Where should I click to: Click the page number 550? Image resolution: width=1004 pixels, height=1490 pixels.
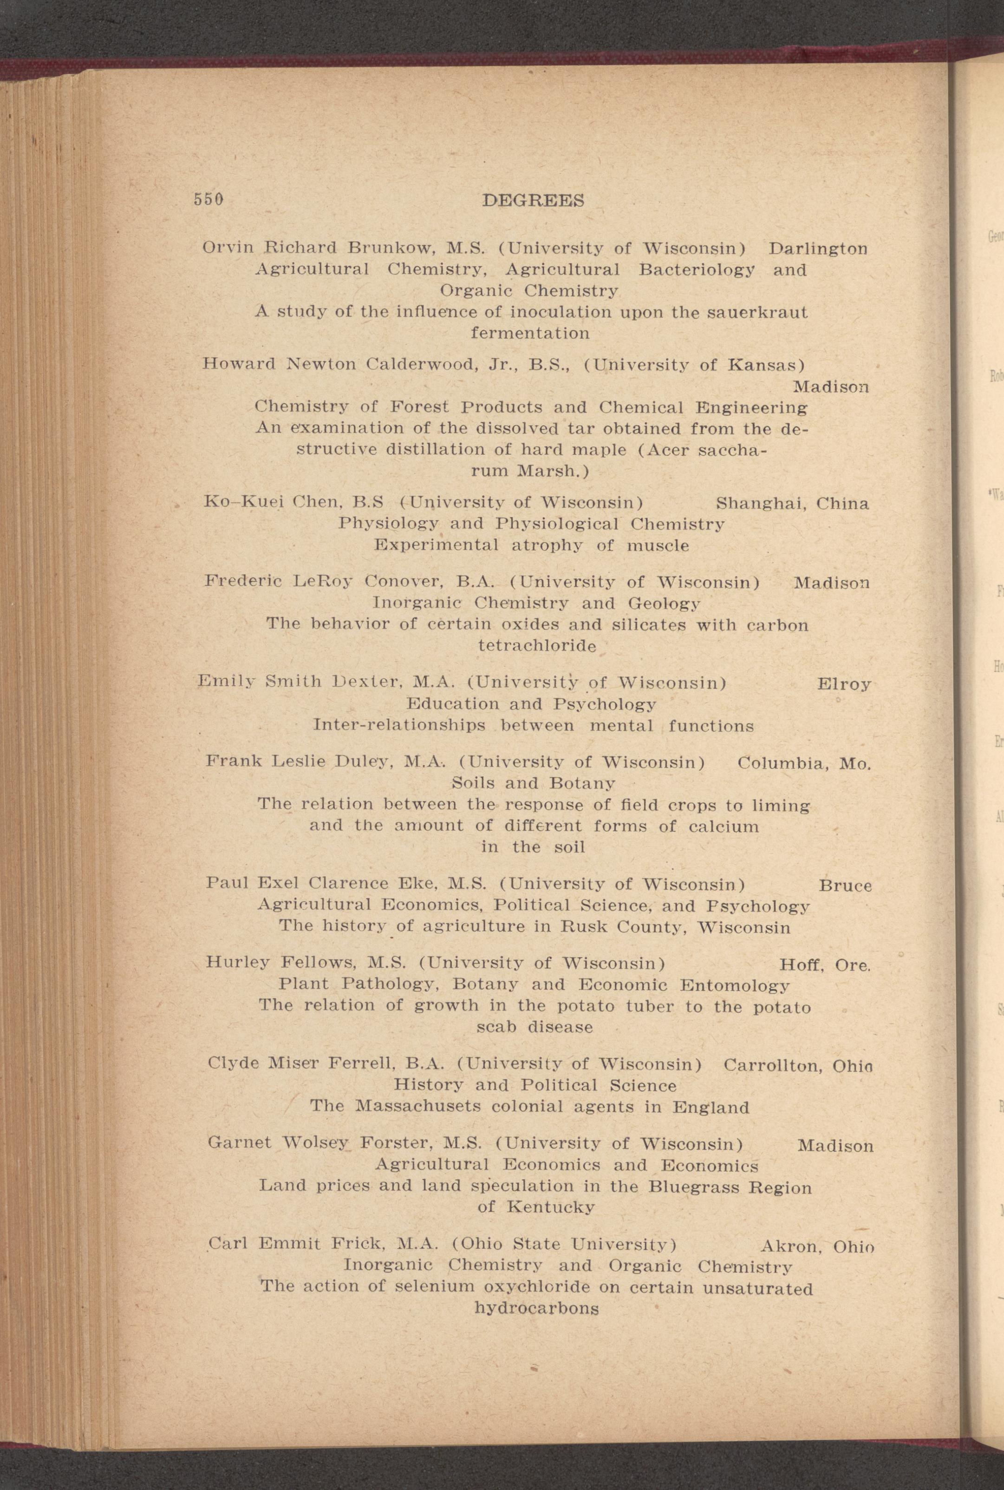tap(208, 199)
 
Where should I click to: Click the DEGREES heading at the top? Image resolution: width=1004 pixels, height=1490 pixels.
tap(533, 201)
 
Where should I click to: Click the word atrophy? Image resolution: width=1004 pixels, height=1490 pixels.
tap(548, 546)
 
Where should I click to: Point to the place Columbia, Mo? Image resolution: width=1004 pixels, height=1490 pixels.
tap(804, 763)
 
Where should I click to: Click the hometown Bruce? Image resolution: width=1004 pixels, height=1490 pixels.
tap(845, 886)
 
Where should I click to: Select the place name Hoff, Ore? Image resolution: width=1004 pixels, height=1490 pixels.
tap(824, 965)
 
